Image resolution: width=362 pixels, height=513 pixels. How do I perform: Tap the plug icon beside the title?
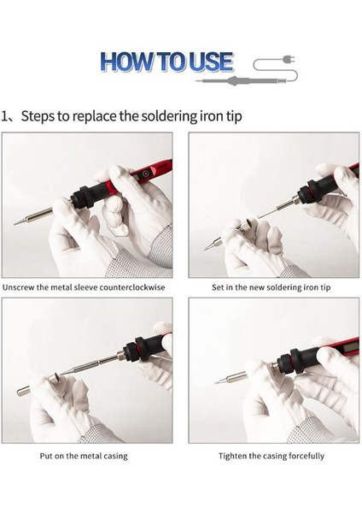coord(289,60)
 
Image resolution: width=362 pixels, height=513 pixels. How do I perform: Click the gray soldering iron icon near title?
coord(242,80)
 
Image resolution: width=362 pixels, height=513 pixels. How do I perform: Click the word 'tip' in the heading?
coord(234,116)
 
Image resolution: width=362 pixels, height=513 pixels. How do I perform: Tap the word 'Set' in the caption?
coord(217,287)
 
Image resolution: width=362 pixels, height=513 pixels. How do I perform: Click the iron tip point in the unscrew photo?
coord(15,224)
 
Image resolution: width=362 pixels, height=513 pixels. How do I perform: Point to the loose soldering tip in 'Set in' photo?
coord(213,245)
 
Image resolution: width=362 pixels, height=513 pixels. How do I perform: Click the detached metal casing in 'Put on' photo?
coord(24,391)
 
